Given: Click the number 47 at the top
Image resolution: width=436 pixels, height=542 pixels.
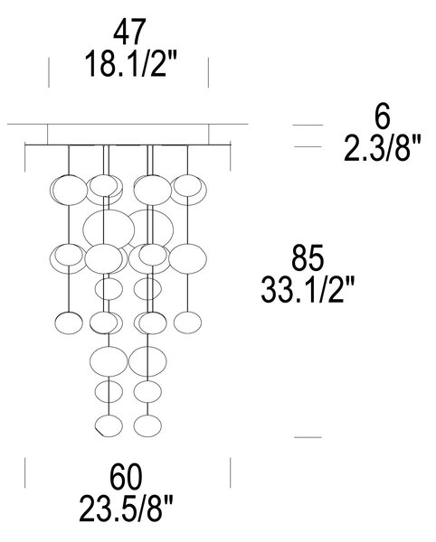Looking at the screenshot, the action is (129, 33).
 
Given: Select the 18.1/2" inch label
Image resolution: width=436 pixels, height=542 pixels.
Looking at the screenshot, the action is (130, 63).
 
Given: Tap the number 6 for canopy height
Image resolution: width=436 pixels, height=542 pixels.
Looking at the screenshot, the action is (382, 116).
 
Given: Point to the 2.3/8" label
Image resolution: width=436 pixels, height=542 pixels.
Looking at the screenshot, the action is (382, 148).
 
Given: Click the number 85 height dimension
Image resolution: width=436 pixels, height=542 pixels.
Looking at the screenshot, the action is (308, 257).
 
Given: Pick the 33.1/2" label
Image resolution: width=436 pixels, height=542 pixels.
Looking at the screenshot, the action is (308, 290).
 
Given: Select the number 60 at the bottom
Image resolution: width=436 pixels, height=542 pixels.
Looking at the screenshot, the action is (126, 477).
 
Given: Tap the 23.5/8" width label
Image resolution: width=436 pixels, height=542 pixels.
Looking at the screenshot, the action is (126, 509).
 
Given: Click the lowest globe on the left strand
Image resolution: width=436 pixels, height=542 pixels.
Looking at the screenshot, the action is (69, 322).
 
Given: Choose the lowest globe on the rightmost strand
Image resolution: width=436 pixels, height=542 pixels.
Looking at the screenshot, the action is (187, 322).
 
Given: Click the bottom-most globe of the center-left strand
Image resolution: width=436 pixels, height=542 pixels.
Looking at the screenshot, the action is (109, 425).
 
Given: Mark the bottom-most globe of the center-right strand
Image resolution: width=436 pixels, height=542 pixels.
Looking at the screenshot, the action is (147, 425).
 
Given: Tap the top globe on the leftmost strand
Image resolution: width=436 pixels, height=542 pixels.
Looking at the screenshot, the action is (70, 190).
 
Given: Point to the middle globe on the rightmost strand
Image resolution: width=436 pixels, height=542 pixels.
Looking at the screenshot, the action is (188, 259).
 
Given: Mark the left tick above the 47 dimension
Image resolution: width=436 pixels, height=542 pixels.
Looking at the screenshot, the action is (49, 72).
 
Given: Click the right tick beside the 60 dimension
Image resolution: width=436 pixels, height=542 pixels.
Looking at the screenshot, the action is (231, 472).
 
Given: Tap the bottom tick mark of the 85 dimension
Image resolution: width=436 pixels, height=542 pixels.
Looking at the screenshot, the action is (308, 437).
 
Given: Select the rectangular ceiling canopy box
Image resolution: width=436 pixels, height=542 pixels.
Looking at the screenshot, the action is (128, 135).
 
